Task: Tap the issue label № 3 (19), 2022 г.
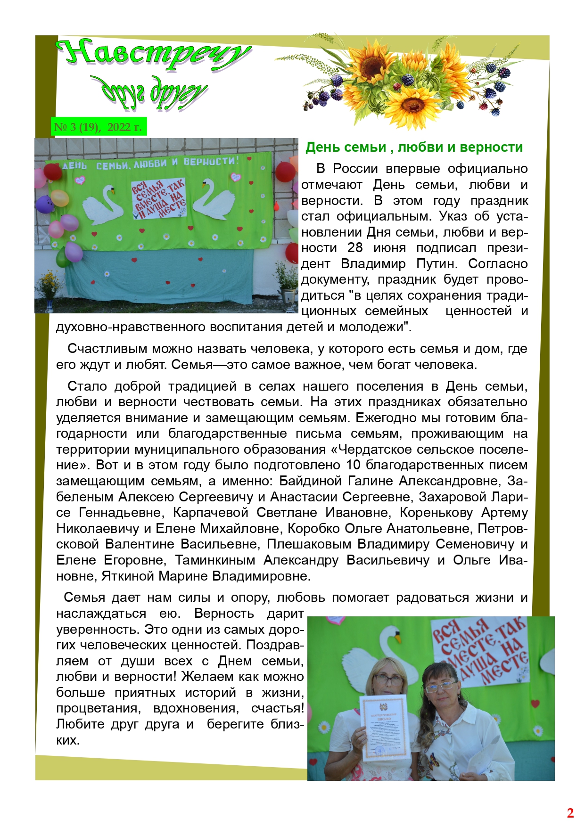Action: tap(98, 127)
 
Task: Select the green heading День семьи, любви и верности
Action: tap(414, 147)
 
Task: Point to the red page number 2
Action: tap(570, 813)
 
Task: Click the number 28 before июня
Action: tap(355, 248)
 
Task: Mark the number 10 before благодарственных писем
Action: tap(353, 465)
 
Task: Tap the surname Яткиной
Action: tap(128, 576)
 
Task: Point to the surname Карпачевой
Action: tap(210, 513)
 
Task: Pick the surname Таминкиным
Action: tap(215, 560)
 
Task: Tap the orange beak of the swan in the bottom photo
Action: tap(398, 638)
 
